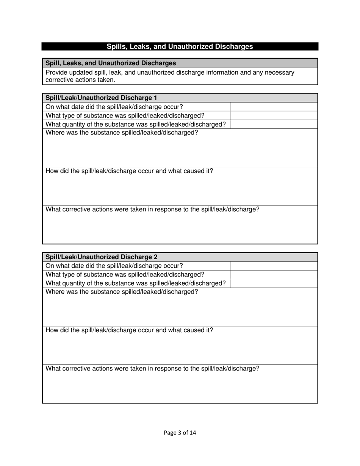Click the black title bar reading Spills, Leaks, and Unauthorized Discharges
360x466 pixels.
180,47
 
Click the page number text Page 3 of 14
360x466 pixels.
180,433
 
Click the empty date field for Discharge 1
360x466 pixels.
274,107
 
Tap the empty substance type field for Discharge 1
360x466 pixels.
274,116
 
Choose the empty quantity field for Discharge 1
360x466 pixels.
274,124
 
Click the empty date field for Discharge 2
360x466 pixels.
274,266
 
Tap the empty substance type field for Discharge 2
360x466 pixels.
274,275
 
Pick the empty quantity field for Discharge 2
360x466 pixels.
274,283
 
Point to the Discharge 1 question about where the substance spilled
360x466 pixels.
122,133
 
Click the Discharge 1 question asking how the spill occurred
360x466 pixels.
129,171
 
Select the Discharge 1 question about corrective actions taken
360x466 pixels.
152,210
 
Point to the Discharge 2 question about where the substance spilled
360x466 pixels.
122,292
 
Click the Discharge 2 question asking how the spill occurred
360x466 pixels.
129,330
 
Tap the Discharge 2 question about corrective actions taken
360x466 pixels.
152,369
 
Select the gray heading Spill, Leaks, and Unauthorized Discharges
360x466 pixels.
111,63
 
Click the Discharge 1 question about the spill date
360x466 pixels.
114,107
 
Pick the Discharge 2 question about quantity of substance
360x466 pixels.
135,283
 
